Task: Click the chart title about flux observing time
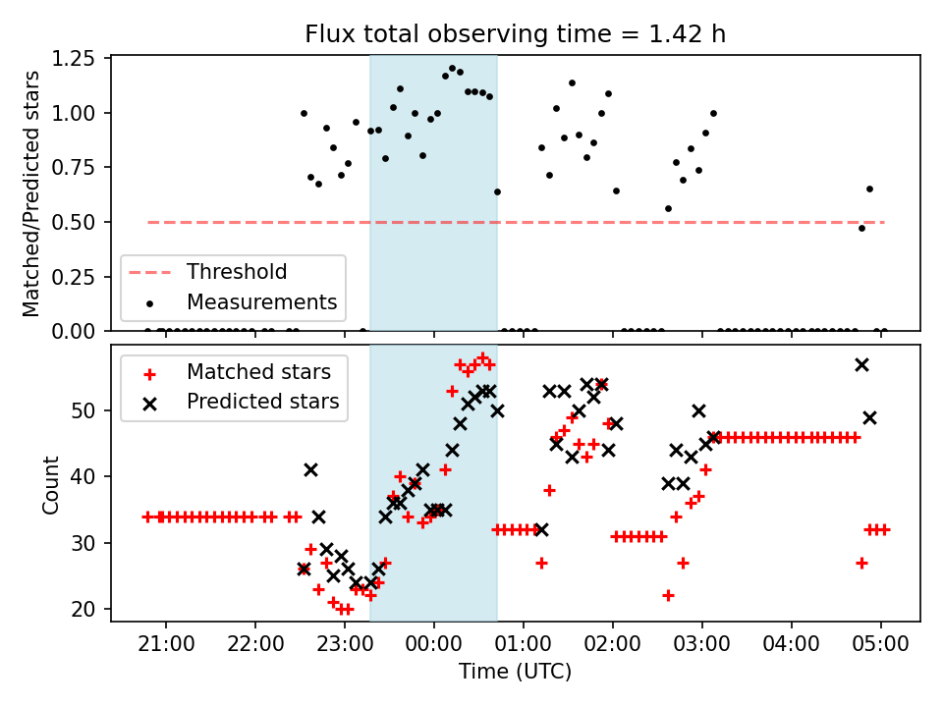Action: (x=516, y=35)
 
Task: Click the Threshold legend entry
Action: (x=237, y=272)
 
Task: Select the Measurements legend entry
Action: (x=261, y=301)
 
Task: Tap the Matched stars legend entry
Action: (x=258, y=372)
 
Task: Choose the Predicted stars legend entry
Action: (x=262, y=402)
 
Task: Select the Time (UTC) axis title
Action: (x=516, y=673)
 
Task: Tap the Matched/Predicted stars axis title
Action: (x=32, y=193)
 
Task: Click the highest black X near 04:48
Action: (x=861, y=364)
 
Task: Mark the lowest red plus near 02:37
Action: (x=668, y=595)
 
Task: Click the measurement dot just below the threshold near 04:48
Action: (x=861, y=228)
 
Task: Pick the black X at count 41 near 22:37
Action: (x=310, y=470)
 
